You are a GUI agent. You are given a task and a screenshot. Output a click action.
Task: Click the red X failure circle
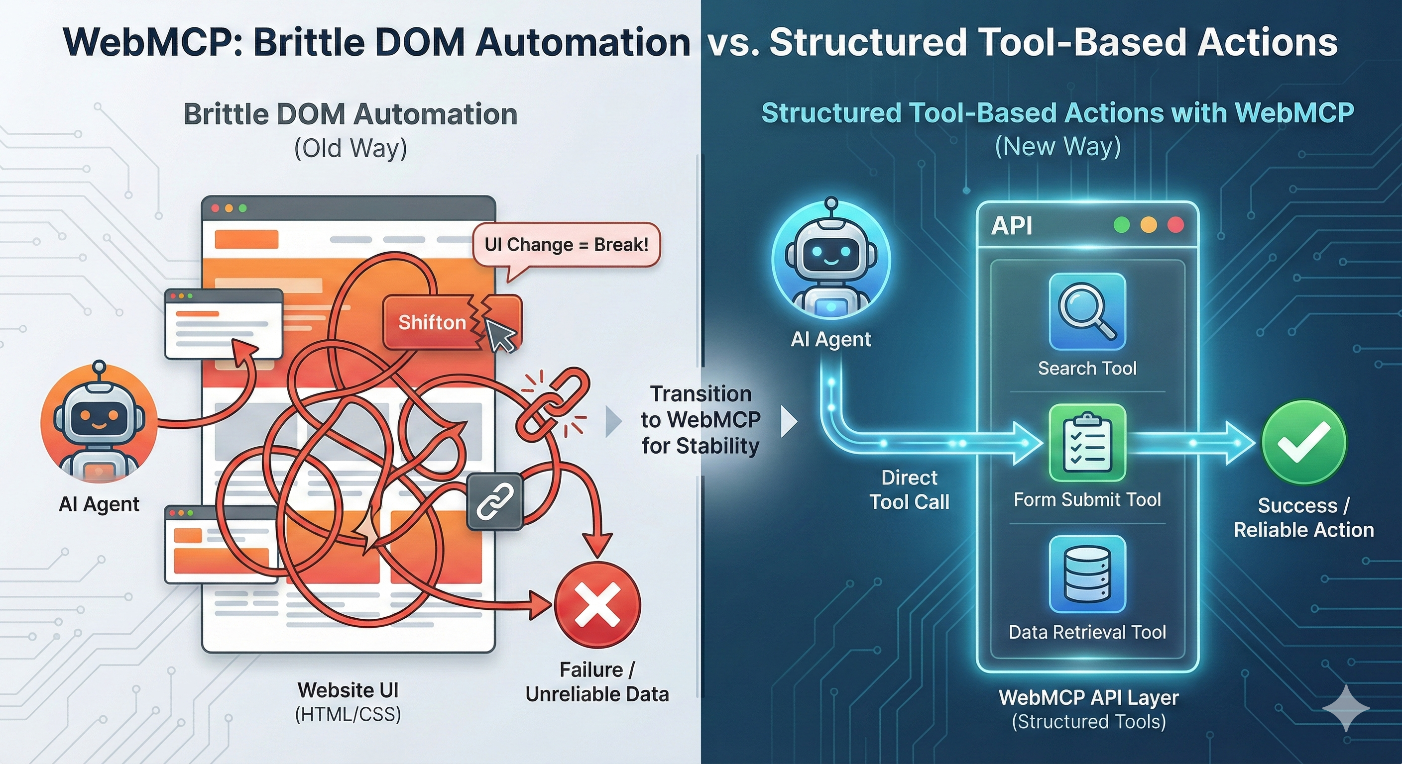point(597,605)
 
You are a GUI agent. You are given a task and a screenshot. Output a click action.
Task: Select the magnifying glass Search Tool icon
point(1087,311)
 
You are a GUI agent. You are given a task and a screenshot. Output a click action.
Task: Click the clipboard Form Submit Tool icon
point(1087,442)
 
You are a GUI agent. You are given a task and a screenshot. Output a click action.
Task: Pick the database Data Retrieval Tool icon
point(1087,574)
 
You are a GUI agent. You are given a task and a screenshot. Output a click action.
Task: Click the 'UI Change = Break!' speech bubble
point(566,245)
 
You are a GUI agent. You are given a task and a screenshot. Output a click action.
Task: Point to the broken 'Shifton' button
point(433,322)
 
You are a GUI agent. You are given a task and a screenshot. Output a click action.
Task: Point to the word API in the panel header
point(1011,225)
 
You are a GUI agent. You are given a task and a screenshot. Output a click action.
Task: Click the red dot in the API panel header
point(1175,225)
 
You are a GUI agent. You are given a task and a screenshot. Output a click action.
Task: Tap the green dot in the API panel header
point(1121,225)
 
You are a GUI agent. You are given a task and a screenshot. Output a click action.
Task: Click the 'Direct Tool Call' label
point(909,489)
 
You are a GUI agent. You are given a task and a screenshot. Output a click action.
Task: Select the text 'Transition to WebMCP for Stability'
point(701,419)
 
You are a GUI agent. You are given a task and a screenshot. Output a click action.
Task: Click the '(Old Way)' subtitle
point(350,148)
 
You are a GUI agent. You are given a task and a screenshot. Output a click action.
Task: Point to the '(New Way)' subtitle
point(1057,146)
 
